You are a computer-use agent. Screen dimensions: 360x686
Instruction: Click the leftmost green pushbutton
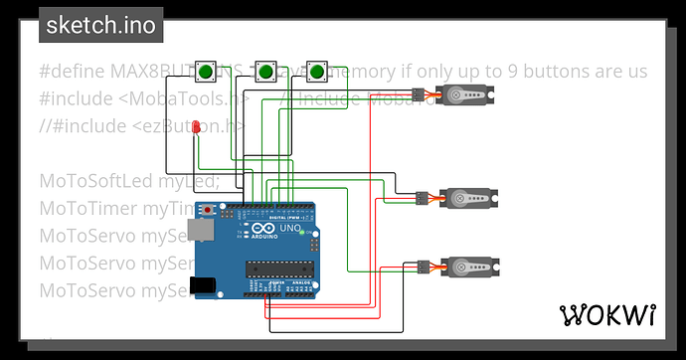point(206,72)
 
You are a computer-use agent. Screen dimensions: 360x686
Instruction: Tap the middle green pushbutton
point(265,72)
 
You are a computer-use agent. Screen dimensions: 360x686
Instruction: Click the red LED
point(197,126)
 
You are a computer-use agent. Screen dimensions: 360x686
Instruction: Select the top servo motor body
point(463,96)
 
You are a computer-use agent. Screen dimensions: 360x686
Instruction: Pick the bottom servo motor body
point(463,269)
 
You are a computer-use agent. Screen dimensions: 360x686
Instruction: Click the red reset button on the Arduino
point(207,211)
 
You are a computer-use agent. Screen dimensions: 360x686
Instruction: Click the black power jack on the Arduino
point(204,285)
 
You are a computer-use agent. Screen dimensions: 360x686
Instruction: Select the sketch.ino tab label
point(99,26)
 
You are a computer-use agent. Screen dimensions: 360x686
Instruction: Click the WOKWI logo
point(608,315)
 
